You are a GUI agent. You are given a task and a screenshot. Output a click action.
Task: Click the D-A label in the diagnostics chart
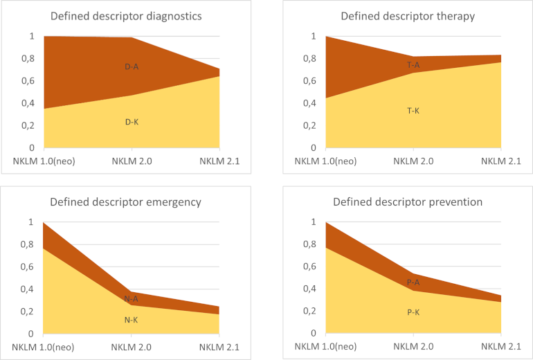click(x=132, y=67)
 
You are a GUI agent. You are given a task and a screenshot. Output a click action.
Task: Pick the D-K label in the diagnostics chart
click(x=132, y=122)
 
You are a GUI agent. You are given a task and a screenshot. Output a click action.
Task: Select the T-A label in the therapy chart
click(x=413, y=65)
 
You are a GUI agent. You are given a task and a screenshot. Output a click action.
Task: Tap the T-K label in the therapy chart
click(x=413, y=110)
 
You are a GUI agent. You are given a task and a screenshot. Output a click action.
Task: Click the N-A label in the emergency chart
click(x=132, y=298)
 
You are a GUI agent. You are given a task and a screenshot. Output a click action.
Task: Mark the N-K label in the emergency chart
click(x=132, y=319)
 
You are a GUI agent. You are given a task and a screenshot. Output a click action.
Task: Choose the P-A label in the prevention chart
click(x=413, y=282)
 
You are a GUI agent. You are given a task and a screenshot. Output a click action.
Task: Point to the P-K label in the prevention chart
click(x=413, y=312)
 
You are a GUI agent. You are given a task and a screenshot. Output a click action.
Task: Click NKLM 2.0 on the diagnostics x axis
click(x=132, y=161)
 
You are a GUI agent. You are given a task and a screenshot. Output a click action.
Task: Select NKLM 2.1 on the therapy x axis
click(x=502, y=161)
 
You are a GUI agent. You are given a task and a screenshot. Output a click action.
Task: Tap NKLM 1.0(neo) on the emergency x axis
click(x=43, y=346)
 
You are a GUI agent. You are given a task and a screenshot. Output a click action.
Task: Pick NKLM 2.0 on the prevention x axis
click(x=413, y=346)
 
